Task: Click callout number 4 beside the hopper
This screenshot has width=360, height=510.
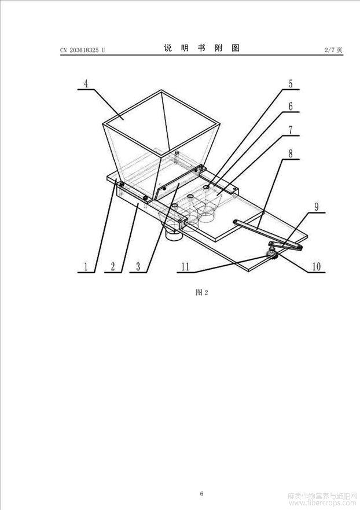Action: (86, 84)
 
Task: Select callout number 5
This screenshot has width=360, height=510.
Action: (291, 84)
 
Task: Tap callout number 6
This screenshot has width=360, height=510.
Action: (291, 107)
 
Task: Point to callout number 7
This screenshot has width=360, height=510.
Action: (291, 130)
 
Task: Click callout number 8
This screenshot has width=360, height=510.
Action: (291, 153)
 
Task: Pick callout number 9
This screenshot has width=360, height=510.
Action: (317, 207)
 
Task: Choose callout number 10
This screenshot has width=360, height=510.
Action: (316, 267)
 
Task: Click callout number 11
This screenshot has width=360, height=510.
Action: (185, 267)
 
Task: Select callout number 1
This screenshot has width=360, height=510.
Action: (86, 267)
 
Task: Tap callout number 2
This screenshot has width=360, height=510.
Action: (112, 267)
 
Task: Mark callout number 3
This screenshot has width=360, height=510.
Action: (138, 267)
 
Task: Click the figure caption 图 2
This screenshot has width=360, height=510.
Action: (201, 292)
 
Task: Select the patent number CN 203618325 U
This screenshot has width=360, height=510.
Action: (83, 50)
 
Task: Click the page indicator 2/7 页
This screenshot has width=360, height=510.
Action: (333, 50)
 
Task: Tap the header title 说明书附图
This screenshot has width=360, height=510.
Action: (201, 48)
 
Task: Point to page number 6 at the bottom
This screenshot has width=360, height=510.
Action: (201, 493)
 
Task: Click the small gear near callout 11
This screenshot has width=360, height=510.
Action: (271, 255)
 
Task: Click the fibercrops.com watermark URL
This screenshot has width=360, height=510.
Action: (323, 503)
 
